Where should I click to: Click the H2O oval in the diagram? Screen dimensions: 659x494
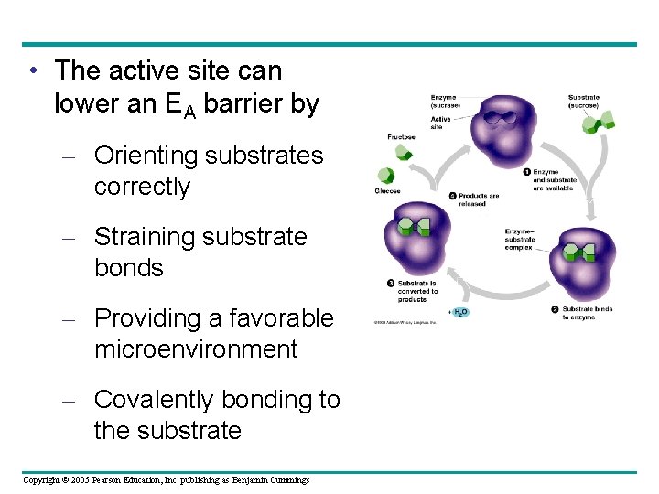click(459, 312)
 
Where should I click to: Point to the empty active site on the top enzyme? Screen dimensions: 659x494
click(499, 116)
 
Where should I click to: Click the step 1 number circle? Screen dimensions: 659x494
click(527, 172)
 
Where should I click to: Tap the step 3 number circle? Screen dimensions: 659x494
click(391, 284)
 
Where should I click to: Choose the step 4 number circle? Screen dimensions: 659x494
click(453, 195)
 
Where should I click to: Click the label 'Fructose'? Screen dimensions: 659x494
click(401, 137)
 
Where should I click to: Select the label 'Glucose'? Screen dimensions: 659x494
click(387, 191)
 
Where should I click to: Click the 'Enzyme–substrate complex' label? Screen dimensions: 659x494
click(518, 240)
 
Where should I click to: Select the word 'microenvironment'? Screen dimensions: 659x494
click(196, 349)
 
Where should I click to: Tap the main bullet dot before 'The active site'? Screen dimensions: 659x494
click(33, 71)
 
